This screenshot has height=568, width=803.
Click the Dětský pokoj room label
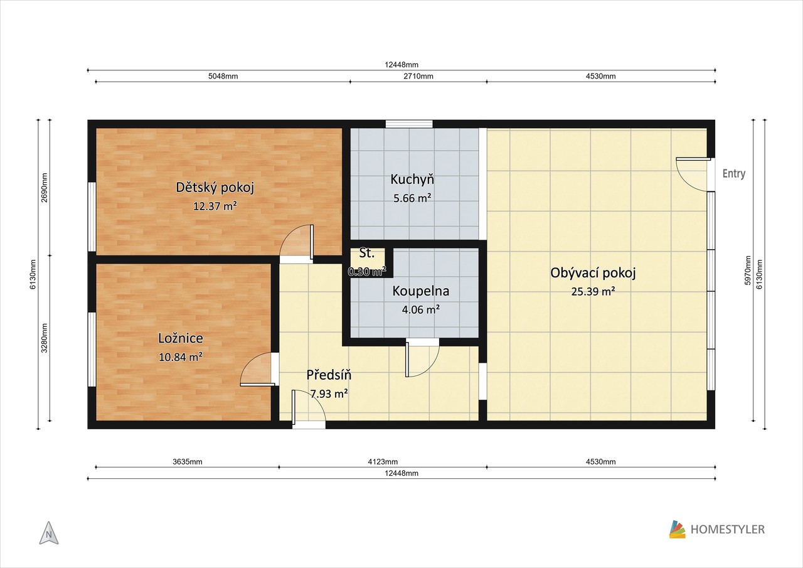(215, 188)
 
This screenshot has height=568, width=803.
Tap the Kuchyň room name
(412, 179)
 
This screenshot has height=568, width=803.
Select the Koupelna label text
(420, 291)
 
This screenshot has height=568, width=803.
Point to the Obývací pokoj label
(593, 273)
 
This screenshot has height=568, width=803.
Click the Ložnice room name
(181, 338)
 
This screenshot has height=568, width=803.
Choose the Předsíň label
(329, 375)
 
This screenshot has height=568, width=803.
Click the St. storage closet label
(367, 253)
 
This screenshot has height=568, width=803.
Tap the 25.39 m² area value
(593, 291)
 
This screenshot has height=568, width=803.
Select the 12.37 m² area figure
(215, 206)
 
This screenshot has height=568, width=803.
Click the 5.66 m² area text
(412, 198)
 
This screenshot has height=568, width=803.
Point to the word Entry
(734, 174)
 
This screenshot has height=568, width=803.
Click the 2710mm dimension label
(418, 77)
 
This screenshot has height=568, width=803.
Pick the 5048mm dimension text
(223, 77)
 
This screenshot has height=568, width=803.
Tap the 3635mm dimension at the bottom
(188, 462)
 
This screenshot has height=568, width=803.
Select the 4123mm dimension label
(383, 462)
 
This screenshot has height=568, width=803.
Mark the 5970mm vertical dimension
(747, 271)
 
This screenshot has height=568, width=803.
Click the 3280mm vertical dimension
(45, 338)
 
